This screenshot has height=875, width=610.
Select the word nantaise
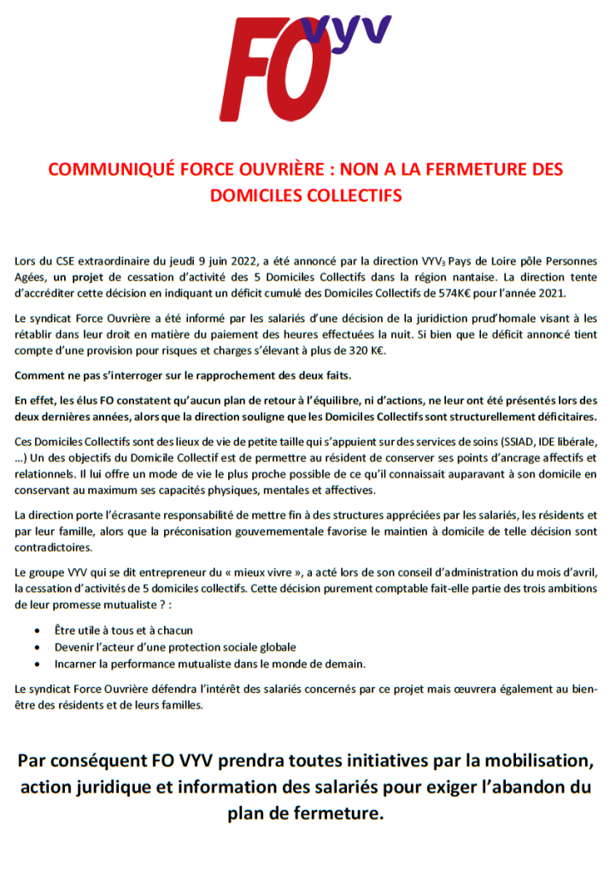click(472, 277)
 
